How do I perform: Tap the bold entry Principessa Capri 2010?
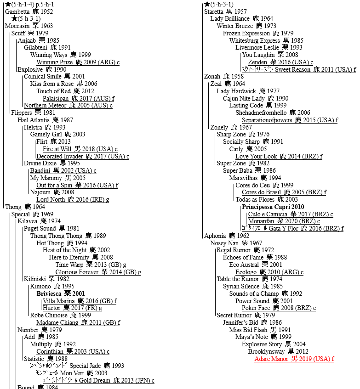click(x=273, y=207)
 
